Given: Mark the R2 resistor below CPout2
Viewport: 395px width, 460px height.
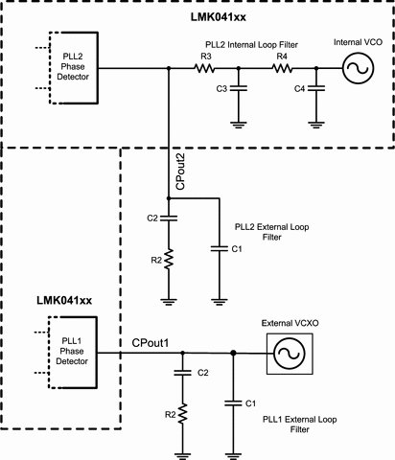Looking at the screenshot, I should pos(169,258).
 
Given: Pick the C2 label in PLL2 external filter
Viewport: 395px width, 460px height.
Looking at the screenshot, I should pos(152,219).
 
